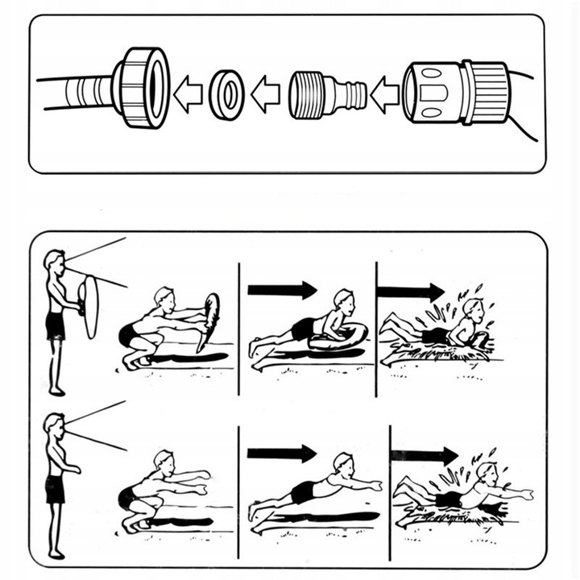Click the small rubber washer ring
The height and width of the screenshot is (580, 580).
tap(226, 93)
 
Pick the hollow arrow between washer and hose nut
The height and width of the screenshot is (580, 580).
tap(188, 94)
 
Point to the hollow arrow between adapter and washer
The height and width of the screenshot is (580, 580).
tap(265, 94)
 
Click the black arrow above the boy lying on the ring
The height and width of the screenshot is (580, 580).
tap(282, 289)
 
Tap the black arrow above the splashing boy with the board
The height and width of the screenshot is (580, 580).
tap(410, 291)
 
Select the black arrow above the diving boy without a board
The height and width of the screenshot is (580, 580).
tap(281, 454)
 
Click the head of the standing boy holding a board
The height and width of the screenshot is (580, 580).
tap(55, 261)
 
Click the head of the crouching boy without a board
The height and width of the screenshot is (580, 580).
tap(164, 460)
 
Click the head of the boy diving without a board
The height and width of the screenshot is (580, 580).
tap(343, 464)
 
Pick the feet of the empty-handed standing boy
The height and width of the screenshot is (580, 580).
tap(56, 553)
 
